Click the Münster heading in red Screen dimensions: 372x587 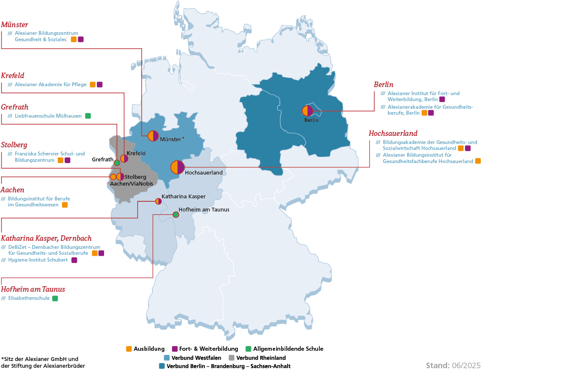pyautogui.click(x=15, y=25)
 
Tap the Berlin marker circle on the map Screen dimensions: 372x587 pyautogui.click(x=308, y=111)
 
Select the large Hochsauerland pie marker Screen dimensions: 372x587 pyautogui.click(x=178, y=167)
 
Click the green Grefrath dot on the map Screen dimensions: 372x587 pyautogui.click(x=117, y=163)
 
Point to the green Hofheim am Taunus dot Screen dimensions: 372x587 pyautogui.click(x=176, y=214)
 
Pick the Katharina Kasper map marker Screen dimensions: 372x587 pyautogui.click(x=158, y=201)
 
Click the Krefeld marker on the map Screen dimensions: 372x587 pyautogui.click(x=124, y=158)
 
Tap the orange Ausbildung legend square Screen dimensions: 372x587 pyautogui.click(x=129, y=349)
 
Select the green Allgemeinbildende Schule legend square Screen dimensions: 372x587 pyautogui.click(x=248, y=349)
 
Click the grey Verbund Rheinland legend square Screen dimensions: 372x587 pyautogui.click(x=231, y=358)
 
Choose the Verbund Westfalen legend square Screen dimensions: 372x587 pyautogui.click(x=167, y=358)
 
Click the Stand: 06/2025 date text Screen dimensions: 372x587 pyautogui.click(x=453, y=366)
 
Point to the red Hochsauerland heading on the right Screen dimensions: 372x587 pyautogui.click(x=393, y=133)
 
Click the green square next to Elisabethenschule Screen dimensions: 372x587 pyautogui.click(x=55, y=299)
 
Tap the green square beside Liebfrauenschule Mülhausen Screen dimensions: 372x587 pyautogui.click(x=88, y=116)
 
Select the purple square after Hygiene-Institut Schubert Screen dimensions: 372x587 pyautogui.click(x=74, y=260)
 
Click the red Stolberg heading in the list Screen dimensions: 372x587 pyautogui.click(x=14, y=145)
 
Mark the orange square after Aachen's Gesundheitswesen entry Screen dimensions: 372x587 pyautogui.click(x=65, y=205)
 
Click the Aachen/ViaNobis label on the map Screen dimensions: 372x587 pyautogui.click(x=132, y=184)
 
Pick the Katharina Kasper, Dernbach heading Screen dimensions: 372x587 pyautogui.click(x=46, y=238)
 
